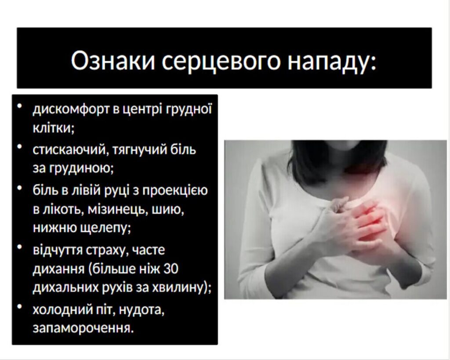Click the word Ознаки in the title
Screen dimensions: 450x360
coord(113,61)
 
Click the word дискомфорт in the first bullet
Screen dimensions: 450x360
coord(71,109)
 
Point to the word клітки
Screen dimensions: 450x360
coord(53,127)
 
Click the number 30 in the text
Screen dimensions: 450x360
coord(171,269)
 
